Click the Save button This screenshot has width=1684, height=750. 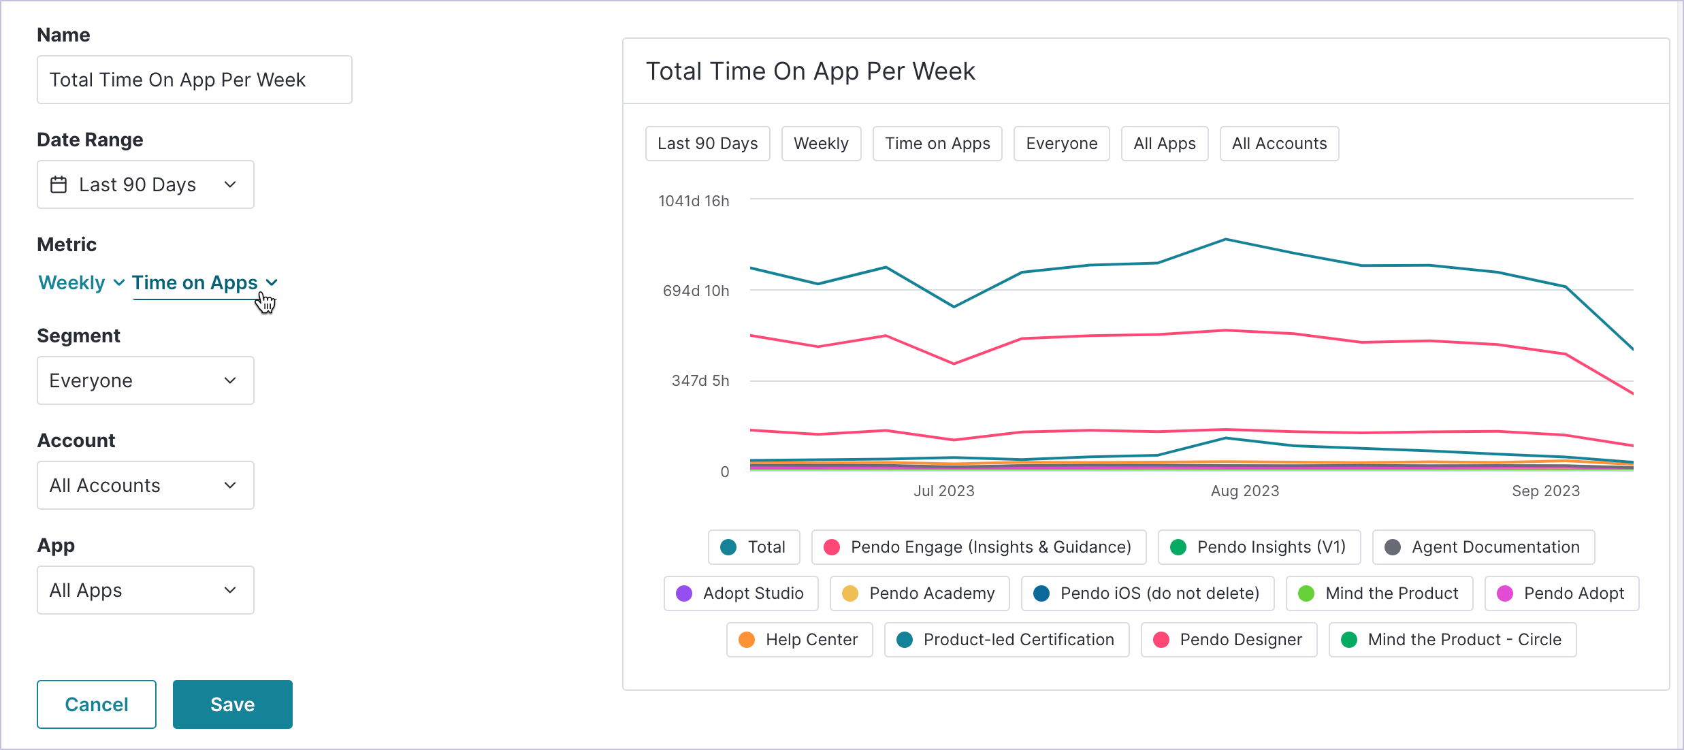[x=232, y=704]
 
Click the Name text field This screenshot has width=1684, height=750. [x=194, y=80]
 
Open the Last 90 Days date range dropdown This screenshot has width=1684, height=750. [x=145, y=184]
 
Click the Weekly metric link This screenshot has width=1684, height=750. [x=72, y=282]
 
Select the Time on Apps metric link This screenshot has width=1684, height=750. [x=195, y=282]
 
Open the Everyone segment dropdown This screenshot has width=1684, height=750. [x=145, y=380]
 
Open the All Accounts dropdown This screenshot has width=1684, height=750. [x=145, y=485]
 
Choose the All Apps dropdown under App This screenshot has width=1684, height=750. [x=145, y=590]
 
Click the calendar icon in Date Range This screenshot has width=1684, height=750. [x=59, y=184]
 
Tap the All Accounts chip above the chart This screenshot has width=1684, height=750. [x=1278, y=144]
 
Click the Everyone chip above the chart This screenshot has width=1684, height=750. [x=1061, y=144]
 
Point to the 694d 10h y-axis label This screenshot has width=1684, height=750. [x=696, y=291]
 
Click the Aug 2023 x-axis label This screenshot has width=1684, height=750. [x=1244, y=491]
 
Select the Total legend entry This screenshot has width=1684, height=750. [x=754, y=547]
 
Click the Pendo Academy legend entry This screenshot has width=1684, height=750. [x=919, y=593]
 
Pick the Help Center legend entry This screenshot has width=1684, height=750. [x=799, y=640]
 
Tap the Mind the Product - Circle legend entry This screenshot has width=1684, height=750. [x=1452, y=640]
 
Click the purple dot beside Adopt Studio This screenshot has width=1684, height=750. [x=684, y=593]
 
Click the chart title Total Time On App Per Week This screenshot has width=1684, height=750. [x=810, y=71]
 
